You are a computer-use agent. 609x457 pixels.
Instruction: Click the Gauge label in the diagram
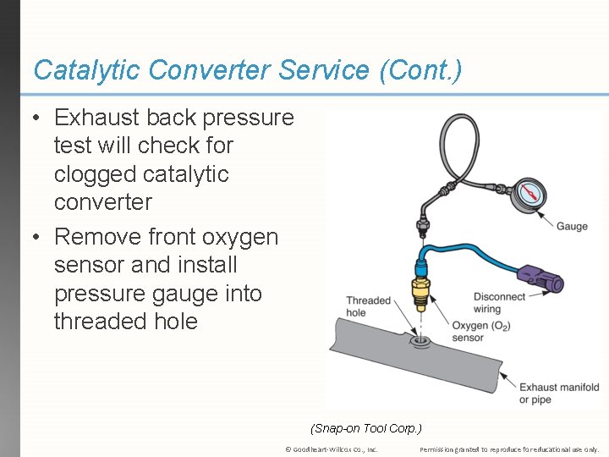tap(572, 227)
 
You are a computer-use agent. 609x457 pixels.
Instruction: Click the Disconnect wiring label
tap(499, 303)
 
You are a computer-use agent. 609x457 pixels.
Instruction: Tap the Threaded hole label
tap(368, 306)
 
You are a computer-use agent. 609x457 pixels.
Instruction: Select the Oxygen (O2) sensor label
tap(480, 332)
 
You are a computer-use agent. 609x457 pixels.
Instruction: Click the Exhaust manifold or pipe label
tap(558, 394)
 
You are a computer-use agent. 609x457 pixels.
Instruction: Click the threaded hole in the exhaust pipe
tap(420, 341)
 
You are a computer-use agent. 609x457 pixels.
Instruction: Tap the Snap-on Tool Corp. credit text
tap(366, 428)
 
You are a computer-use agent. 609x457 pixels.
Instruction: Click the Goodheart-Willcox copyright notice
tap(332, 449)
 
